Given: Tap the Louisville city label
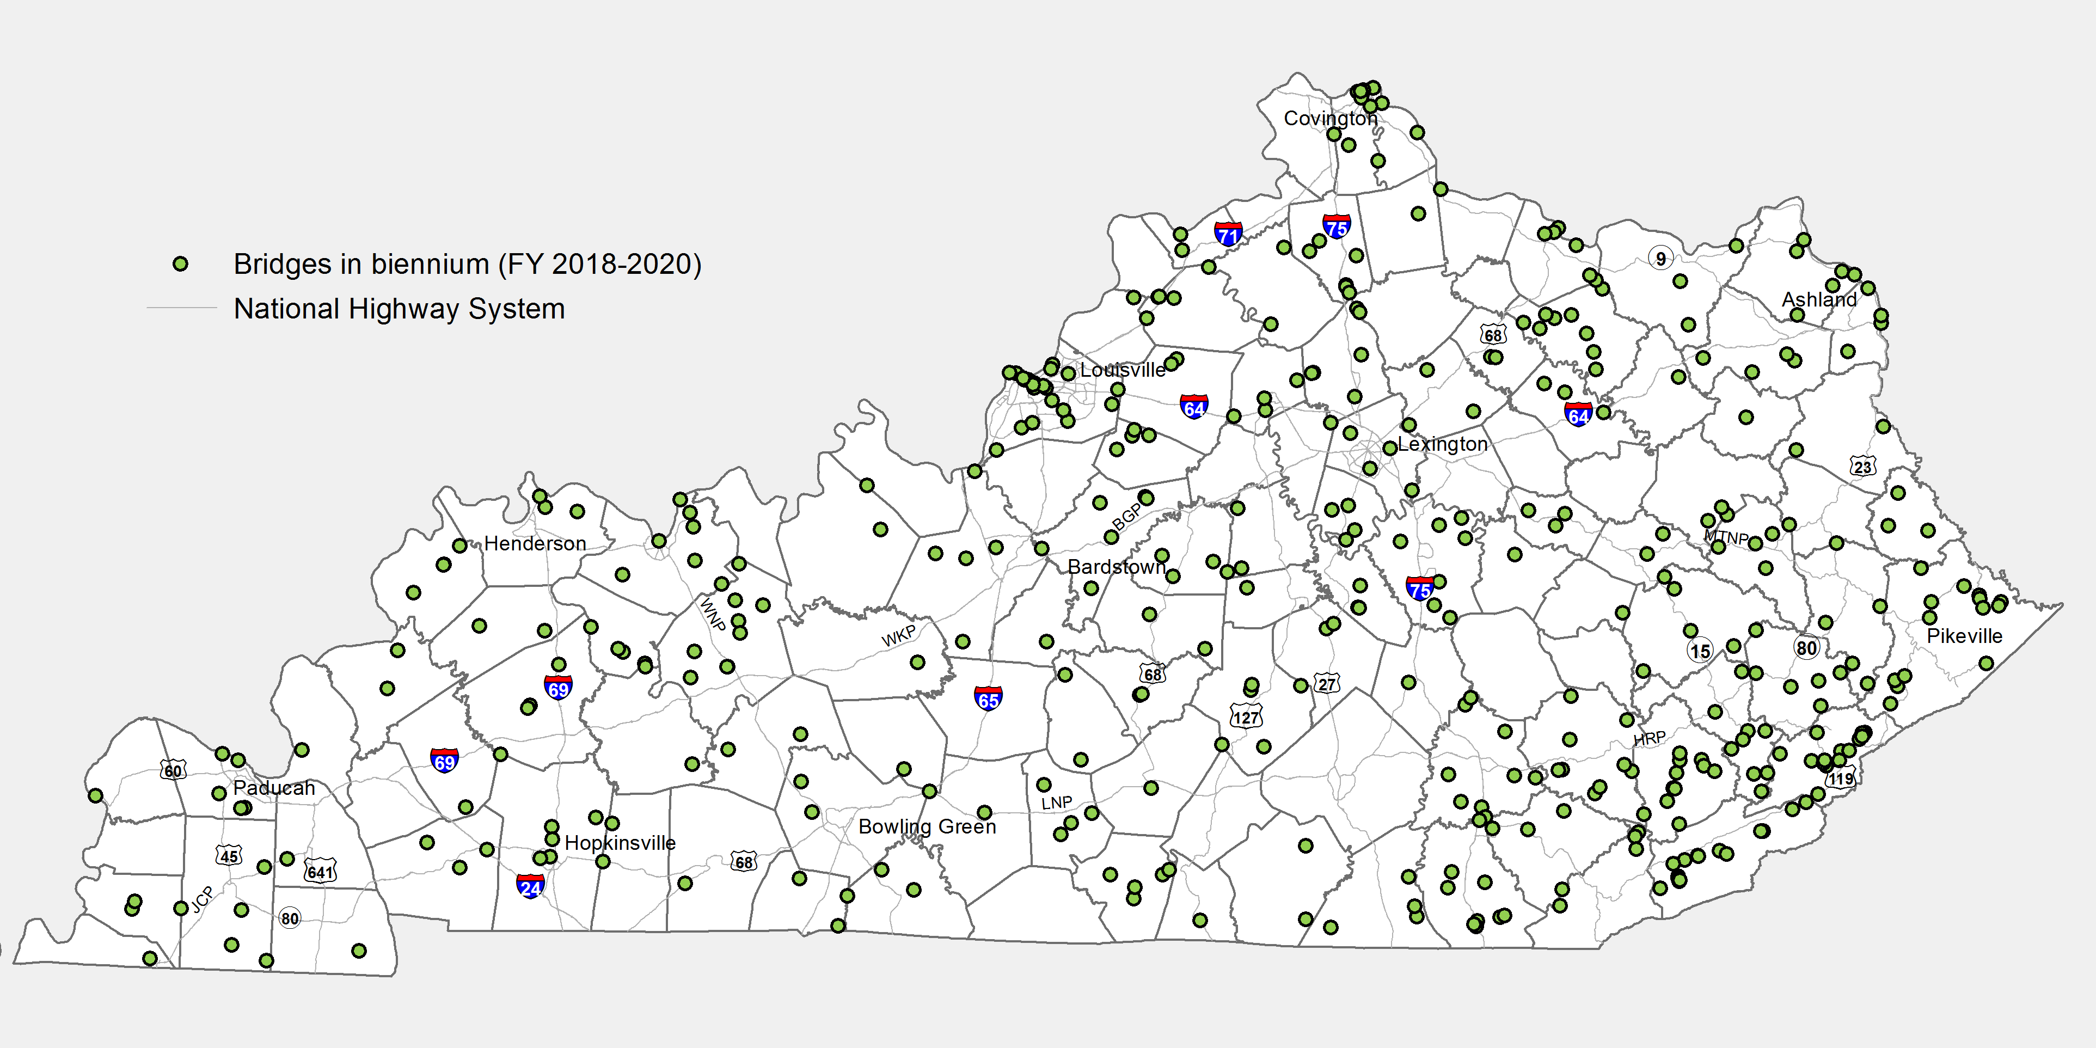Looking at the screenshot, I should pos(1122,370).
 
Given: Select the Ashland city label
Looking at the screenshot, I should pos(1819,299).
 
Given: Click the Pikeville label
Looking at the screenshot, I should pos(1964,636).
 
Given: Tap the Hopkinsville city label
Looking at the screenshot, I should pos(620,843).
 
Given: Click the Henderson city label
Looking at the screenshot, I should pos(535,543).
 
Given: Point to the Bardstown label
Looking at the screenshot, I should pos(1117,567).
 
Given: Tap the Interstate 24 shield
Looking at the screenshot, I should pos(530,886).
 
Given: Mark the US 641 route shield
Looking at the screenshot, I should pos(320,872).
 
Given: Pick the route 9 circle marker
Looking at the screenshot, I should pos(1660,259).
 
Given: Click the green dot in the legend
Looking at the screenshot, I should pos(181,263).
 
